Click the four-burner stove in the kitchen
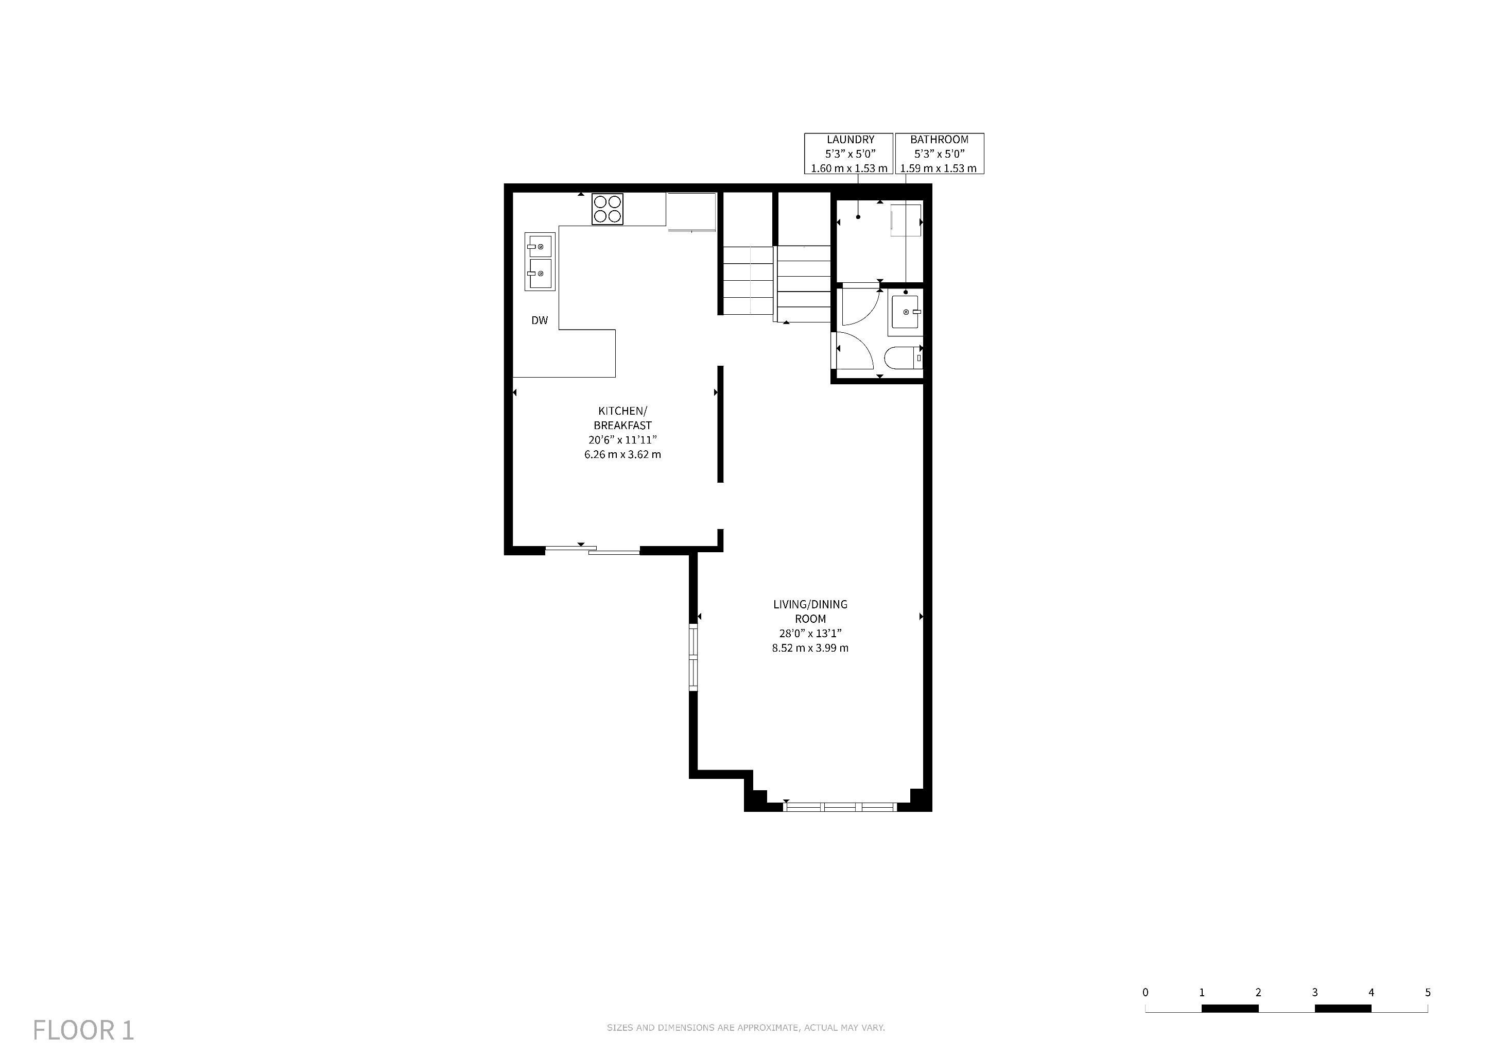[x=607, y=209]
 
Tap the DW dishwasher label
[x=540, y=320]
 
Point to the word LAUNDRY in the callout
[x=850, y=140]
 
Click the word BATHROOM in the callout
[x=939, y=140]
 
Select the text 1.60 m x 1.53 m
[x=849, y=168]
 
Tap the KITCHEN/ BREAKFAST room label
[x=623, y=418]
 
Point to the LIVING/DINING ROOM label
[x=810, y=611]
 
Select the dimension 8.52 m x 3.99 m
[x=810, y=648]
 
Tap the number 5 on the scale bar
[x=1427, y=992]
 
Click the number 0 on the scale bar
[x=1145, y=992]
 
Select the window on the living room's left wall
[x=693, y=657]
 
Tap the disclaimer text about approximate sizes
[x=745, y=1028]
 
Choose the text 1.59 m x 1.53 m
[x=939, y=168]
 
